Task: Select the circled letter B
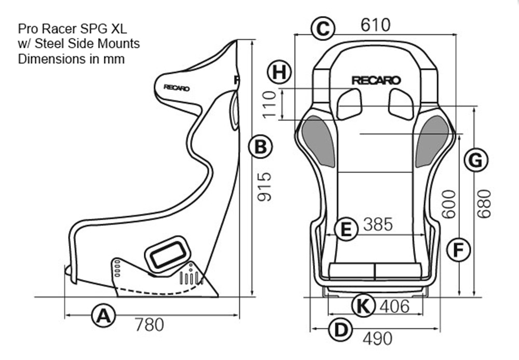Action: [260, 147]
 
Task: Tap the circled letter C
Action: [322, 28]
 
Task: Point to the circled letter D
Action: [340, 329]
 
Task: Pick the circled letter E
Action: [346, 229]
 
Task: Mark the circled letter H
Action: [280, 72]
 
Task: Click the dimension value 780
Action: [149, 325]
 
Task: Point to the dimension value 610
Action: [375, 24]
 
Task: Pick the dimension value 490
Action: [377, 339]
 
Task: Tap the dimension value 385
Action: [378, 224]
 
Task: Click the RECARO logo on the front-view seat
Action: [376, 81]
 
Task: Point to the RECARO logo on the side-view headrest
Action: [176, 87]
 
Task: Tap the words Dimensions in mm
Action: [71, 59]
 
